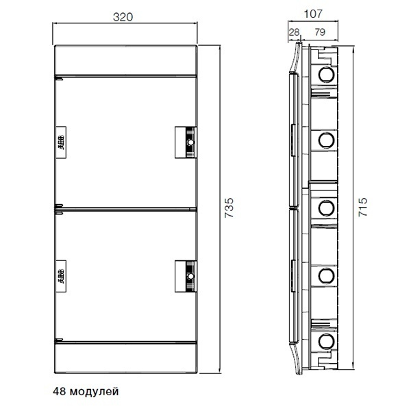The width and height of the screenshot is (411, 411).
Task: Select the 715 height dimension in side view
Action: click(364, 206)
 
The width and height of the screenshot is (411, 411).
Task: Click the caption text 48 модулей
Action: click(86, 392)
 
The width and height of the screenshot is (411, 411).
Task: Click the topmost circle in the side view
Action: click(326, 73)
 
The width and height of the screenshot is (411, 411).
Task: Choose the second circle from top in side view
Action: click(326, 140)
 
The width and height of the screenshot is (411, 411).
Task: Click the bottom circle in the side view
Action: click(326, 340)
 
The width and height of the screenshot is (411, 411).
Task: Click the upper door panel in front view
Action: click(123, 110)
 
